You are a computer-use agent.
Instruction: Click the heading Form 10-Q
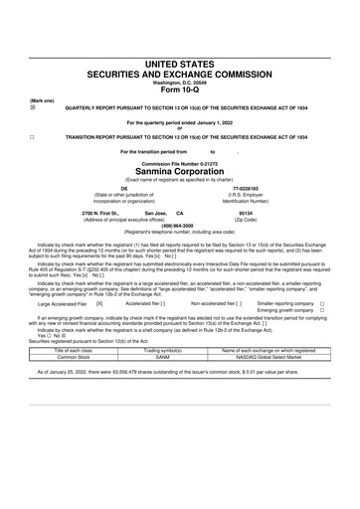click(x=180, y=93)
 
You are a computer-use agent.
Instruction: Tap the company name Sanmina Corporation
click(x=180, y=169)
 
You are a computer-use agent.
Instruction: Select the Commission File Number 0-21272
click(x=180, y=159)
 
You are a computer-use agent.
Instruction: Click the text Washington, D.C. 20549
click(x=180, y=83)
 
